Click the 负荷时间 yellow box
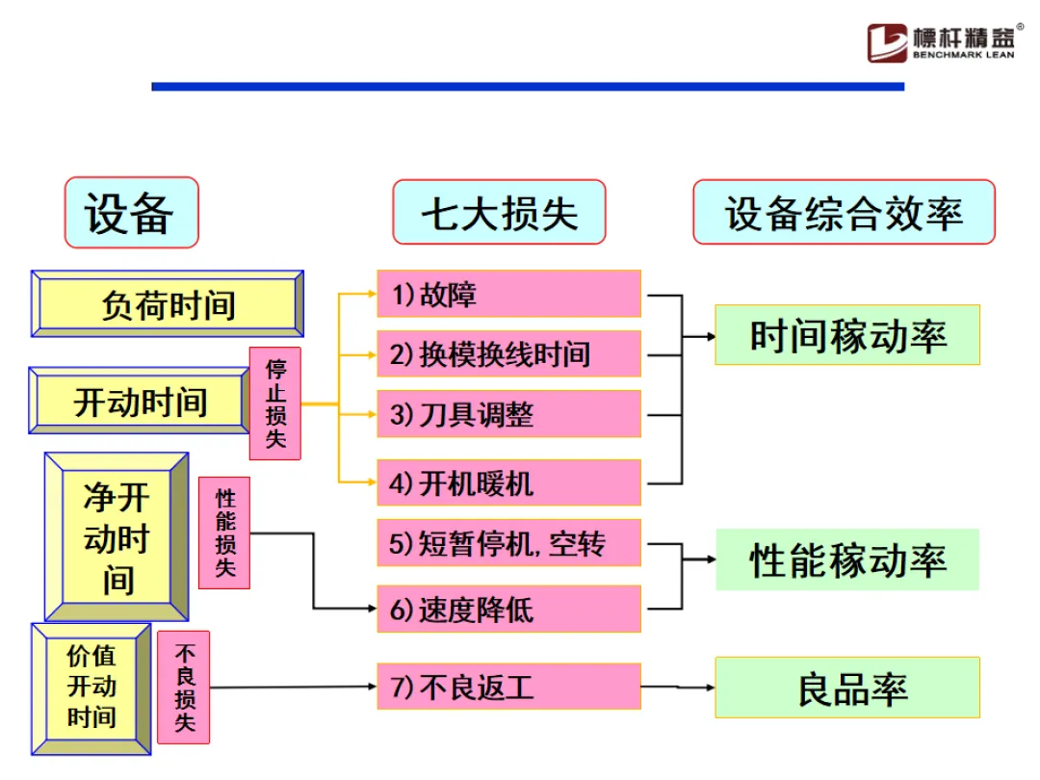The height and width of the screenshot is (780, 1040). [168, 304]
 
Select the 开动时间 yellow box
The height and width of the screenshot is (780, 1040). [141, 401]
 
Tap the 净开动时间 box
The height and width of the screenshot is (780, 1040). [117, 537]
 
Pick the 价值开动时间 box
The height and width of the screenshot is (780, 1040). [91, 688]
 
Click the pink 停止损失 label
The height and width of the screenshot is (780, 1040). [275, 403]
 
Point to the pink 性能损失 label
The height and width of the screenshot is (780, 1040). [224, 533]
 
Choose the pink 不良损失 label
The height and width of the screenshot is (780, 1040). [184, 688]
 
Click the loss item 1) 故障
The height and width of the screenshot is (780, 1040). [508, 294]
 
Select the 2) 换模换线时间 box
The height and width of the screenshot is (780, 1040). [508, 353]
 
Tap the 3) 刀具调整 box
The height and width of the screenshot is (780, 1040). [508, 414]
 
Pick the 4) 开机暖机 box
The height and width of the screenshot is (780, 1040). [508, 482]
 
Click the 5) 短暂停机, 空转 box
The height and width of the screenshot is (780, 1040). [508, 543]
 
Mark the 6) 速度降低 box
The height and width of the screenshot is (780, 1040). [508, 609]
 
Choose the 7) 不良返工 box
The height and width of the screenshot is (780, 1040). [508, 687]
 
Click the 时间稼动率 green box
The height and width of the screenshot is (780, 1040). [847, 335]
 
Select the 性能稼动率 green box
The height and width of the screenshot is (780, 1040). [847, 559]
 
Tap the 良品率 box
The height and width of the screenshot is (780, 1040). [847, 688]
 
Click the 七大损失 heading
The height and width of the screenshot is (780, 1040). [499, 212]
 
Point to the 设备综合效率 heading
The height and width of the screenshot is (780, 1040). [844, 212]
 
